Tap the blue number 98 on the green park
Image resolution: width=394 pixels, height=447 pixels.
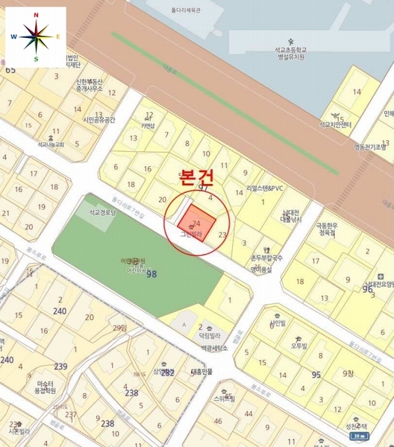pyautogui.click(x=152, y=273)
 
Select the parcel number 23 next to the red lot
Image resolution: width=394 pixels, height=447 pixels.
pyautogui.click(x=222, y=235)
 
